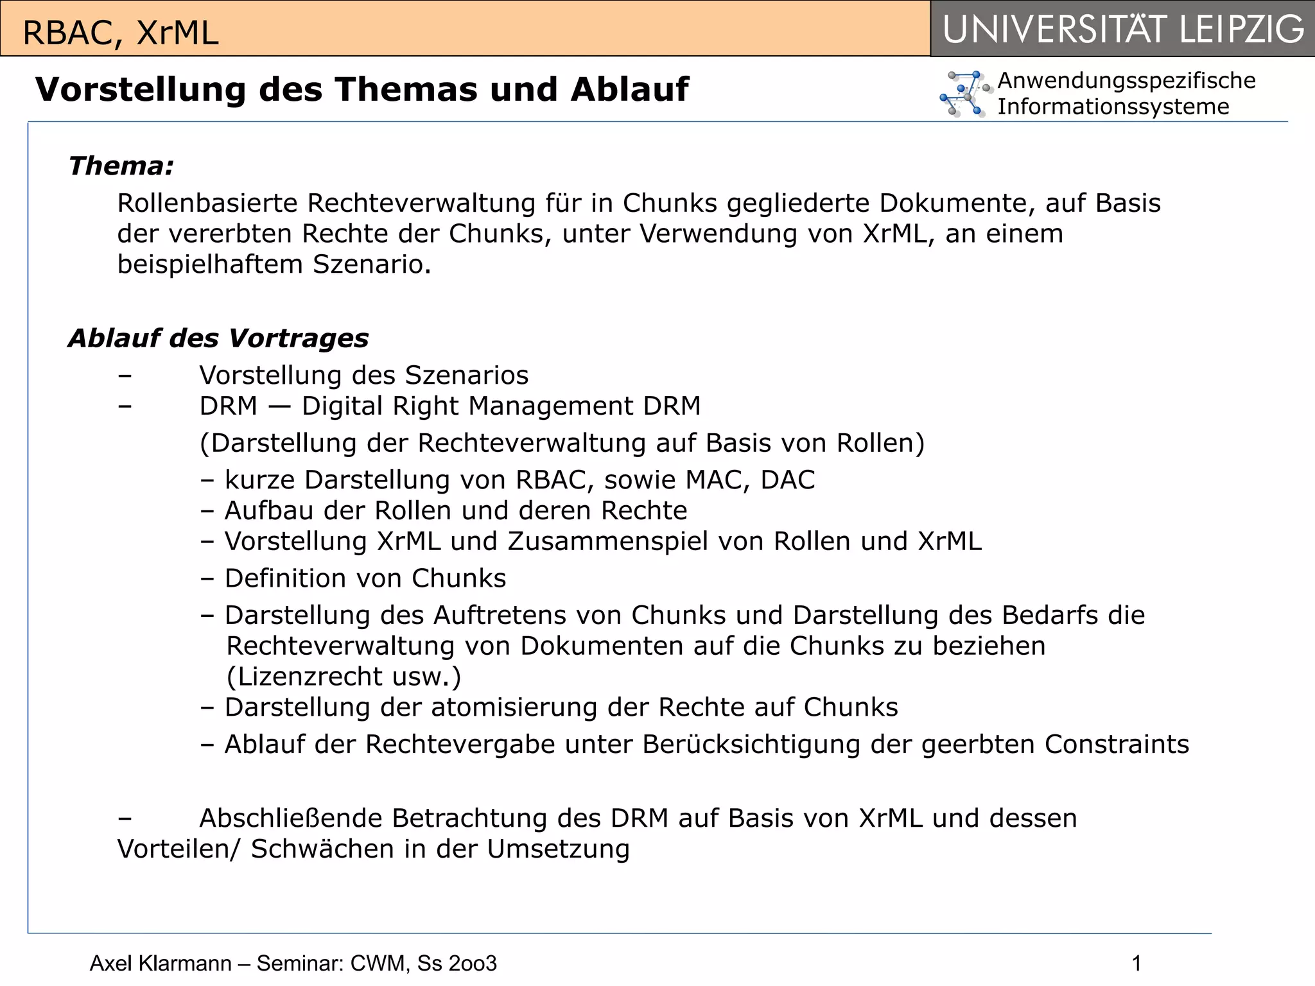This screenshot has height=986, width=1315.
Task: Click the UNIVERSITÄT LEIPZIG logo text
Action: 1123,30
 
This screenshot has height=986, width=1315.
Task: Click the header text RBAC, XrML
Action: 121,33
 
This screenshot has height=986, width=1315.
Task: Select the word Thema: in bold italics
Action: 121,166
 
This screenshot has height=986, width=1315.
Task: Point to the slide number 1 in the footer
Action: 1136,964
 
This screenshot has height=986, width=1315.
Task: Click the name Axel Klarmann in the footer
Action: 161,964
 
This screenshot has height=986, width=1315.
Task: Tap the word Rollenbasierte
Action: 207,203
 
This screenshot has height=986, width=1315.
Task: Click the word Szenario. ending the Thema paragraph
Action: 372,264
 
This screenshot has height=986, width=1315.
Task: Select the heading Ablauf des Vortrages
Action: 218,338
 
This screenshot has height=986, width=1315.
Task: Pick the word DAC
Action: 788,480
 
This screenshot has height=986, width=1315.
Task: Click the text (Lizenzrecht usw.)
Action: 344,677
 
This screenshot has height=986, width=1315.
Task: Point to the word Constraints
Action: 1117,745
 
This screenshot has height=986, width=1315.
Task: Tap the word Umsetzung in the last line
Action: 558,849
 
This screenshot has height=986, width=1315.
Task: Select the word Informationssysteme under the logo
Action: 1113,107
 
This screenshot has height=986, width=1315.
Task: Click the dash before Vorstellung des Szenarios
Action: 125,376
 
